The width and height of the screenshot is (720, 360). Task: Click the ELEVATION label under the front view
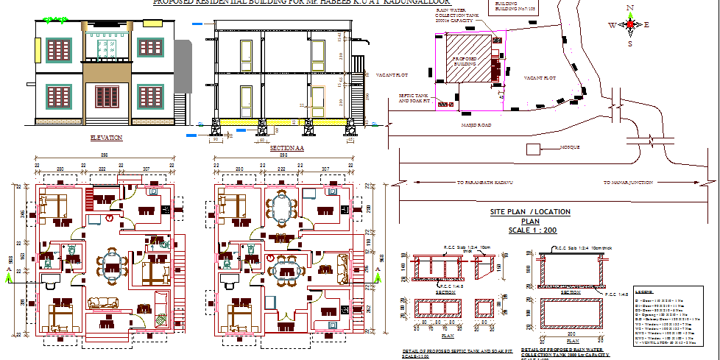click(x=105, y=138)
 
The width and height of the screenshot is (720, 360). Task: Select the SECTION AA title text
click(x=287, y=148)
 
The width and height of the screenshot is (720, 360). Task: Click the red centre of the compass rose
click(x=629, y=24)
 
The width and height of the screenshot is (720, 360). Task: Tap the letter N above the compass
click(x=630, y=8)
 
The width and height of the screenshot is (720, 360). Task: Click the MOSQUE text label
click(x=570, y=147)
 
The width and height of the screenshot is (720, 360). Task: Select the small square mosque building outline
click(x=533, y=149)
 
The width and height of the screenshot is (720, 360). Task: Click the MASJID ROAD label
click(x=476, y=125)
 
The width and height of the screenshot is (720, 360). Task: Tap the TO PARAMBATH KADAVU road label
click(x=486, y=182)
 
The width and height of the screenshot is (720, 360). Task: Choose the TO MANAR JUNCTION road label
click(x=628, y=182)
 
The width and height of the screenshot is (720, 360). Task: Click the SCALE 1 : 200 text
click(x=530, y=230)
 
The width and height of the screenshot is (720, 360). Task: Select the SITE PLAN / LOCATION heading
click(x=530, y=212)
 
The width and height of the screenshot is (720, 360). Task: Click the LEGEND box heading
click(x=643, y=292)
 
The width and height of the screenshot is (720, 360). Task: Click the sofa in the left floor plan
click(x=102, y=303)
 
